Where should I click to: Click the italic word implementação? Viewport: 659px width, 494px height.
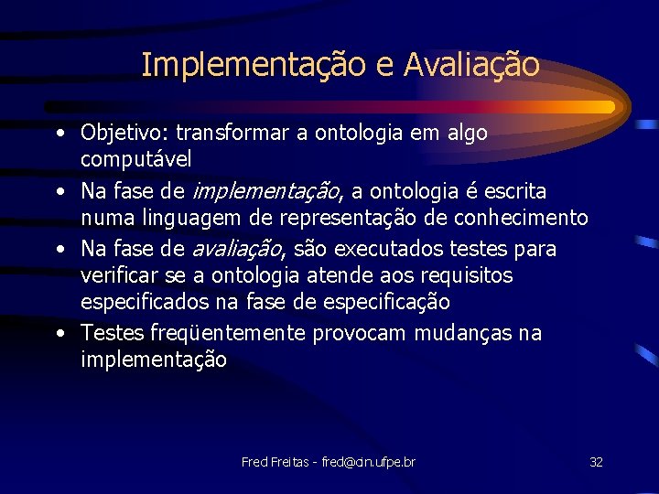[x=265, y=192]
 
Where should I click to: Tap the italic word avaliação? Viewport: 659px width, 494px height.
[x=235, y=250]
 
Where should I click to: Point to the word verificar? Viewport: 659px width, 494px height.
[x=116, y=275]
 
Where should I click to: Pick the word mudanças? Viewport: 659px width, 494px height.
[x=464, y=334]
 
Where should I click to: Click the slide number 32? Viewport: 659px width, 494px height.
[x=596, y=462]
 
